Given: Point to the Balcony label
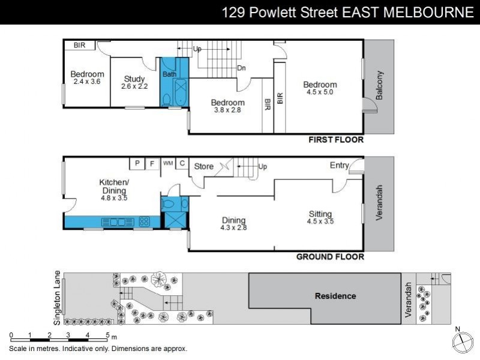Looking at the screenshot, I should click(x=379, y=85).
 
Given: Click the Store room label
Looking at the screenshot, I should click(x=203, y=166).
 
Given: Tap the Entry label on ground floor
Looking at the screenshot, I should click(x=339, y=165).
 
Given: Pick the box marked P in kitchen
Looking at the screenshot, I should click(x=137, y=163).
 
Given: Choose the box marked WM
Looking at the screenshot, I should click(x=168, y=163).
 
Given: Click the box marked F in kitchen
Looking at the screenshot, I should click(x=152, y=163).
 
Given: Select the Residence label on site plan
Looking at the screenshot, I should click(x=335, y=296).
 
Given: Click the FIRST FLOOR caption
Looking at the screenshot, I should click(x=336, y=140).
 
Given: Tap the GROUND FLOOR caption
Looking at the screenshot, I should click(x=331, y=257).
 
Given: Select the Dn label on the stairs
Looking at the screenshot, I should click(x=241, y=68).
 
